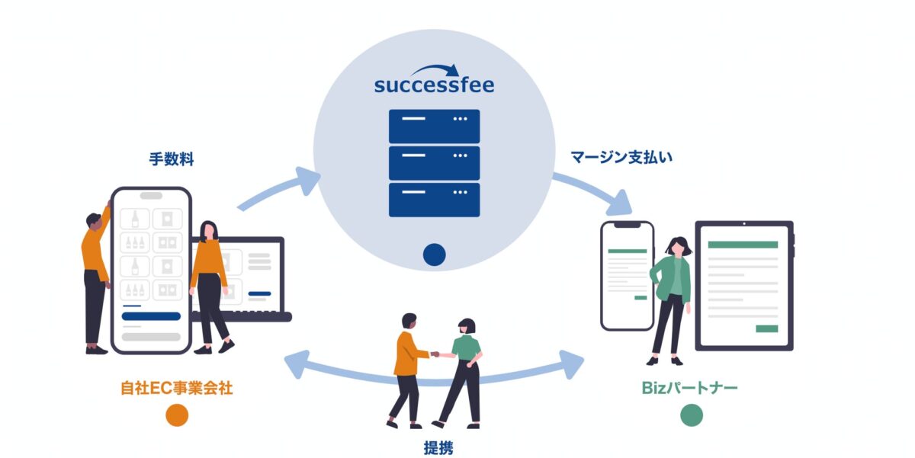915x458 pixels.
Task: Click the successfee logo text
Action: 434,85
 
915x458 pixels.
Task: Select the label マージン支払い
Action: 621,158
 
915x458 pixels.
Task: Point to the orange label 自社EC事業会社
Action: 176,388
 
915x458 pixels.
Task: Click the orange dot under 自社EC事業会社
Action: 176,415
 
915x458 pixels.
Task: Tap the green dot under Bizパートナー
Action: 691,415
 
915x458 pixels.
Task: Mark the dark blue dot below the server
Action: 434,255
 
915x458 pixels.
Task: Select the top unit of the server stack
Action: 434,127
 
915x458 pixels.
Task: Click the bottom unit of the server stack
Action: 434,200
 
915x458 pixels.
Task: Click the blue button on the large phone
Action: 151,315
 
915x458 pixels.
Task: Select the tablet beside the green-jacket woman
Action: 743,285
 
